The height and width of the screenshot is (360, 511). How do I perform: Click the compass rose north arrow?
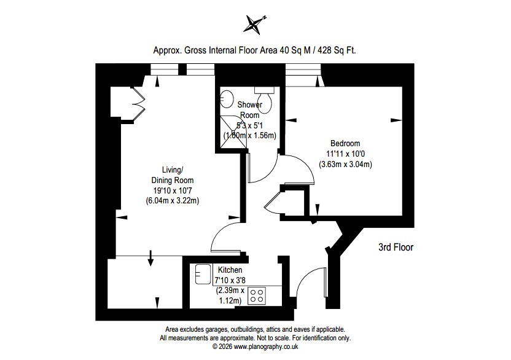pyautogui.click(x=255, y=24)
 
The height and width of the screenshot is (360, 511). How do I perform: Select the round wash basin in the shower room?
pyautogui.click(x=227, y=99)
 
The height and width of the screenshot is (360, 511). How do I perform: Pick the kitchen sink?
pyautogui.click(x=203, y=274)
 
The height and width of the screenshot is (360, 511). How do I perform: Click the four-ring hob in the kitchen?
pyautogui.click(x=257, y=295)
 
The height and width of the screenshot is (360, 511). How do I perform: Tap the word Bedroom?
pyautogui.click(x=345, y=143)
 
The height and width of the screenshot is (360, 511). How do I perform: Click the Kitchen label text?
pyautogui.click(x=230, y=270)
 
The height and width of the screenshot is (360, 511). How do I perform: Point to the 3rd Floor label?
pyautogui.click(x=396, y=247)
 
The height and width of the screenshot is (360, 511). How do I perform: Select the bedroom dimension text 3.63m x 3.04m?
pyautogui.click(x=345, y=164)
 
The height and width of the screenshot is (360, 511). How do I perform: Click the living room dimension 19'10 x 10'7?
pyautogui.click(x=173, y=190)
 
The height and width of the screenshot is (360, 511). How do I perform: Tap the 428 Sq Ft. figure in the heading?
pyautogui.click(x=337, y=50)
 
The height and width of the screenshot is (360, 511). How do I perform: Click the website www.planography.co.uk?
pyautogui.click(x=267, y=346)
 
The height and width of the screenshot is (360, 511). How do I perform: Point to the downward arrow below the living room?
pyautogui.click(x=150, y=258)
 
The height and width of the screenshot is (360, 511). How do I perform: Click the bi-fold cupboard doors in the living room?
pyautogui.click(x=138, y=104)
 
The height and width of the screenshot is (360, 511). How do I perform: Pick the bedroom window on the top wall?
pyautogui.click(x=303, y=75)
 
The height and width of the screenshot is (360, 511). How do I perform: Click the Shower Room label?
pyautogui.click(x=250, y=110)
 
